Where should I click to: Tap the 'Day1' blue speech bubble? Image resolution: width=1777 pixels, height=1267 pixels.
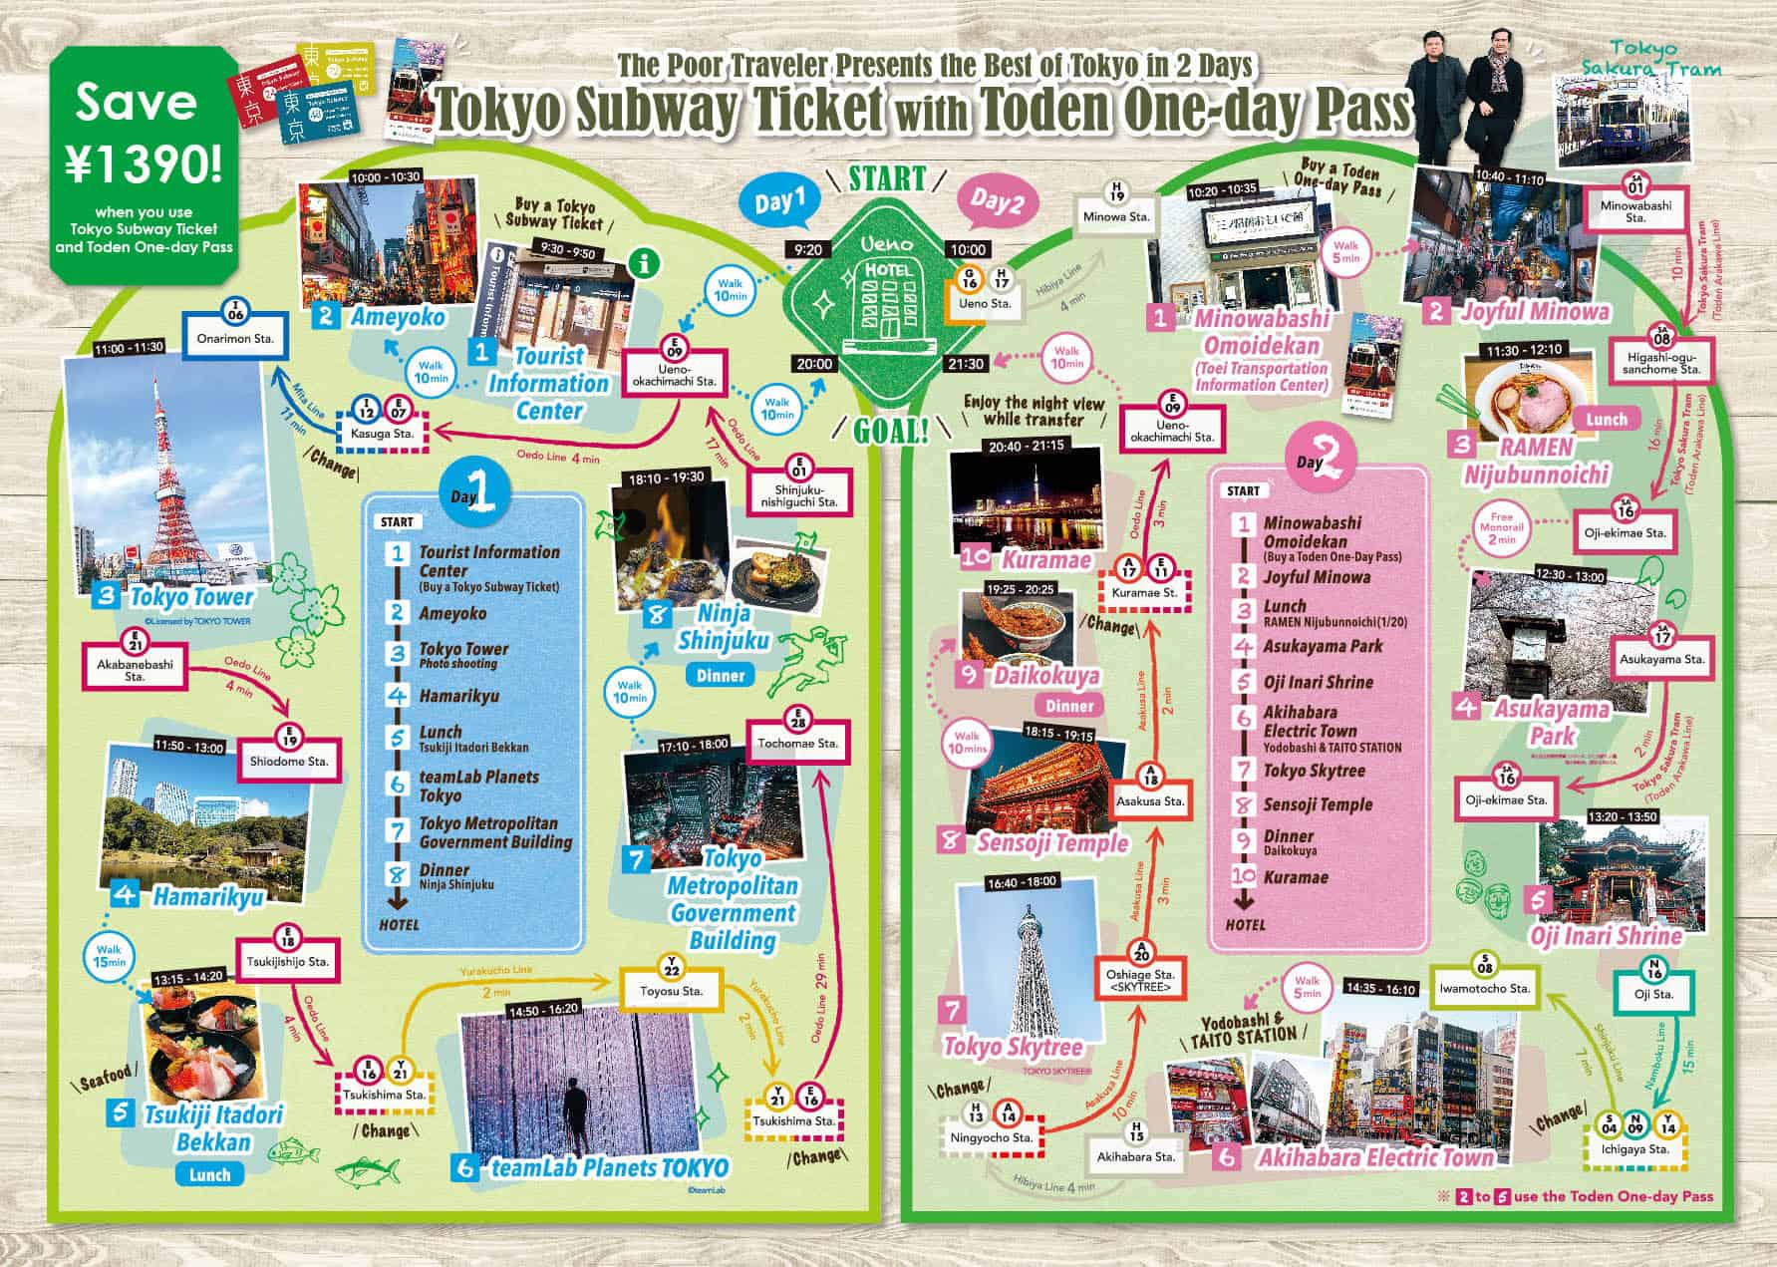pos(779,204)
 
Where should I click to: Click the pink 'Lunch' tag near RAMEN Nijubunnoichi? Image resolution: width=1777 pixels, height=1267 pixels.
pos(1606,420)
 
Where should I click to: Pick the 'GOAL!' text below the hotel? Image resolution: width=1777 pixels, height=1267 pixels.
pos(889,430)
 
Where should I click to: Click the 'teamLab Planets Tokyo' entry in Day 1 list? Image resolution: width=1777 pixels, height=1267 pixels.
pos(478,786)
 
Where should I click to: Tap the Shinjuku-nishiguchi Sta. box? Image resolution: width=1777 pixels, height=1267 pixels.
pos(799,495)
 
